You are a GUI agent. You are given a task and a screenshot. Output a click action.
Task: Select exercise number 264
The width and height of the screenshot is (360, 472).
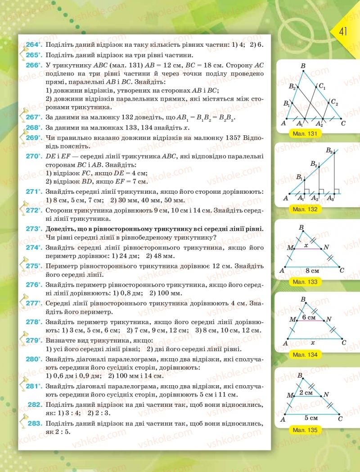pyautogui.click(x=33, y=45)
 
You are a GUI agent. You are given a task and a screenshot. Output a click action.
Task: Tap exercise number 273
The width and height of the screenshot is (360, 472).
pyautogui.click(x=33, y=229)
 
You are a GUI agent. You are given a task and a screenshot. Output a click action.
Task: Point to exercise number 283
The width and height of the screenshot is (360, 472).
pyautogui.click(x=34, y=423)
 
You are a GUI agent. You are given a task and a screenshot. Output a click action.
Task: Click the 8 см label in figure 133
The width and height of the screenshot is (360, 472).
pyautogui.click(x=313, y=271)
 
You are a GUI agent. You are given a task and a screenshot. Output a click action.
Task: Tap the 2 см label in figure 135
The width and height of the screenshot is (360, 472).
pyautogui.click(x=306, y=392)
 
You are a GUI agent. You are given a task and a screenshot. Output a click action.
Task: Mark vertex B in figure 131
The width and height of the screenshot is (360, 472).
pyautogui.click(x=303, y=66)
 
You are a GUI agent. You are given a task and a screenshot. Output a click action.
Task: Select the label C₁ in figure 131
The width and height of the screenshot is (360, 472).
pyautogui.click(x=322, y=85)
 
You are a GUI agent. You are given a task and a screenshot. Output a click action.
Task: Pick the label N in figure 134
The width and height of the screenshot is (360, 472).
pyautogui.click(x=329, y=319)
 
